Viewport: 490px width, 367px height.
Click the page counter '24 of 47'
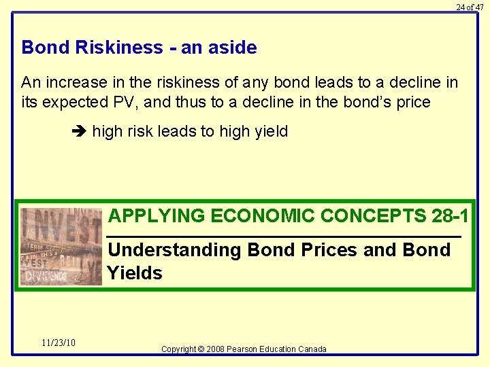coord(470,7)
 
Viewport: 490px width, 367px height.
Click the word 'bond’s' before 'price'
coord(368,103)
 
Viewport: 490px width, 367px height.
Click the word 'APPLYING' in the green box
coord(157,216)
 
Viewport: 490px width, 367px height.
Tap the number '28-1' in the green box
coord(449,216)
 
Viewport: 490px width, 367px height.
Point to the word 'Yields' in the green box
coord(135,273)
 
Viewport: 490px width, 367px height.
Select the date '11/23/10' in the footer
coord(59,343)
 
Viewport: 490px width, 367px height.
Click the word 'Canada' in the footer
coord(312,349)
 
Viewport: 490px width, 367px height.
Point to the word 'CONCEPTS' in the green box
coord(373,216)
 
